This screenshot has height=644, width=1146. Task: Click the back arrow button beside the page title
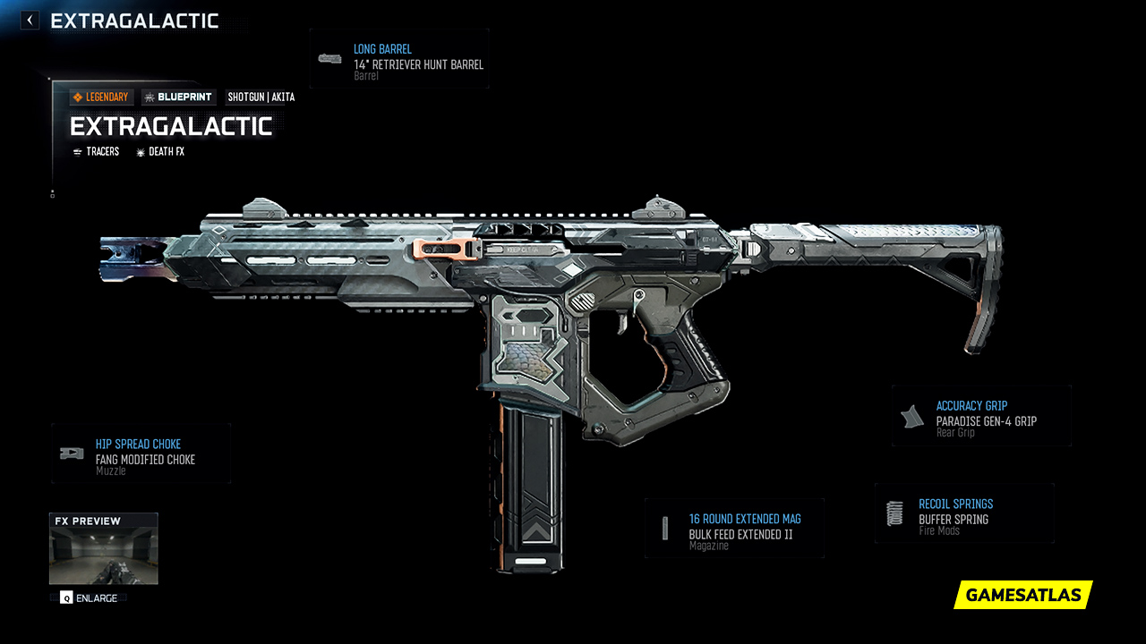click(30, 20)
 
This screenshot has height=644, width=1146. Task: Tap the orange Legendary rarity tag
click(101, 97)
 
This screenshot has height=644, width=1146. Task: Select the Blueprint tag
click(178, 97)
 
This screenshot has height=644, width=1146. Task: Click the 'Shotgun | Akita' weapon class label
click(261, 97)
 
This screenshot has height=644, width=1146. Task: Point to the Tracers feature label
click(97, 152)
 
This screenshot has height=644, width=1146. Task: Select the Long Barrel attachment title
click(382, 49)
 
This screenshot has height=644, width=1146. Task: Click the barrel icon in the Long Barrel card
click(329, 59)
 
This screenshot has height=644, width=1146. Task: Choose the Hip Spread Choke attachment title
click(138, 445)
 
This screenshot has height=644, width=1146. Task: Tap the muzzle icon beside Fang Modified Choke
click(72, 453)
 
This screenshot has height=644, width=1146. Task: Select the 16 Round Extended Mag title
click(745, 519)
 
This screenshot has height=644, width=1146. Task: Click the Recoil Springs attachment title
click(955, 504)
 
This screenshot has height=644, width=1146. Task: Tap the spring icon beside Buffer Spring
click(894, 513)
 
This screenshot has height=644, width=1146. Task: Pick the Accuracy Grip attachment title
click(971, 406)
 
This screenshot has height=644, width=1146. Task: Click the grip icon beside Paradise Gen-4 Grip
click(912, 416)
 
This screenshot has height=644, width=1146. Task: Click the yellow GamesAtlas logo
click(1023, 595)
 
